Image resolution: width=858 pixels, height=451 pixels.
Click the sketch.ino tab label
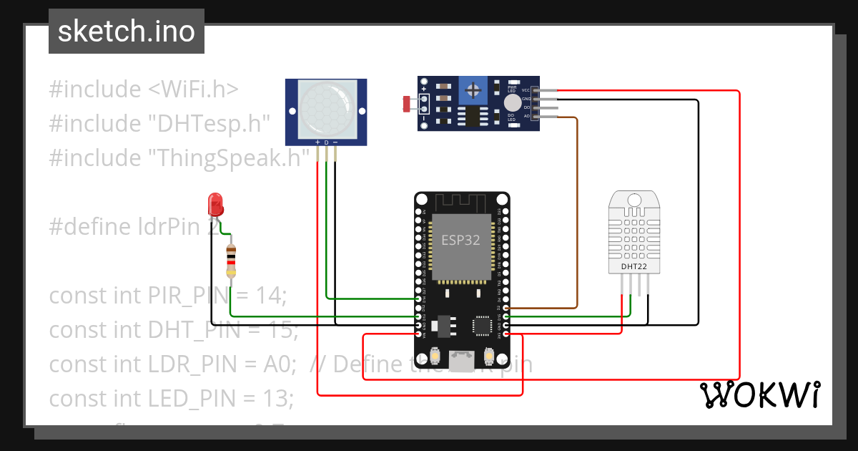click(126, 31)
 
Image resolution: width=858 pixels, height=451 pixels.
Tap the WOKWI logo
click(759, 394)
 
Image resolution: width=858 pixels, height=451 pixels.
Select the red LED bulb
click(214, 204)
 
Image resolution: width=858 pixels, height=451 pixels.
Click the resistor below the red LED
click(231, 260)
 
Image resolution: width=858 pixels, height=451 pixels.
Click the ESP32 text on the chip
click(460, 240)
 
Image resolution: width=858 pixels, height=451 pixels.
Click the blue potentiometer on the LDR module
click(472, 90)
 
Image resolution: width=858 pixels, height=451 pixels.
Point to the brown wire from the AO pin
click(576, 215)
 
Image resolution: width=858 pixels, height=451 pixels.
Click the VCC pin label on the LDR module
click(526, 90)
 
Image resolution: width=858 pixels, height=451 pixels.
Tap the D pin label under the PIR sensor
click(326, 143)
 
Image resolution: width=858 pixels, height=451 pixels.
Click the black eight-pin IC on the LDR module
click(471, 116)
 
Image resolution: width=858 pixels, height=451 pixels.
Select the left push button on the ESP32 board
click(435, 356)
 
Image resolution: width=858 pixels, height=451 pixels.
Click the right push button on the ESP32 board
click(490, 356)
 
